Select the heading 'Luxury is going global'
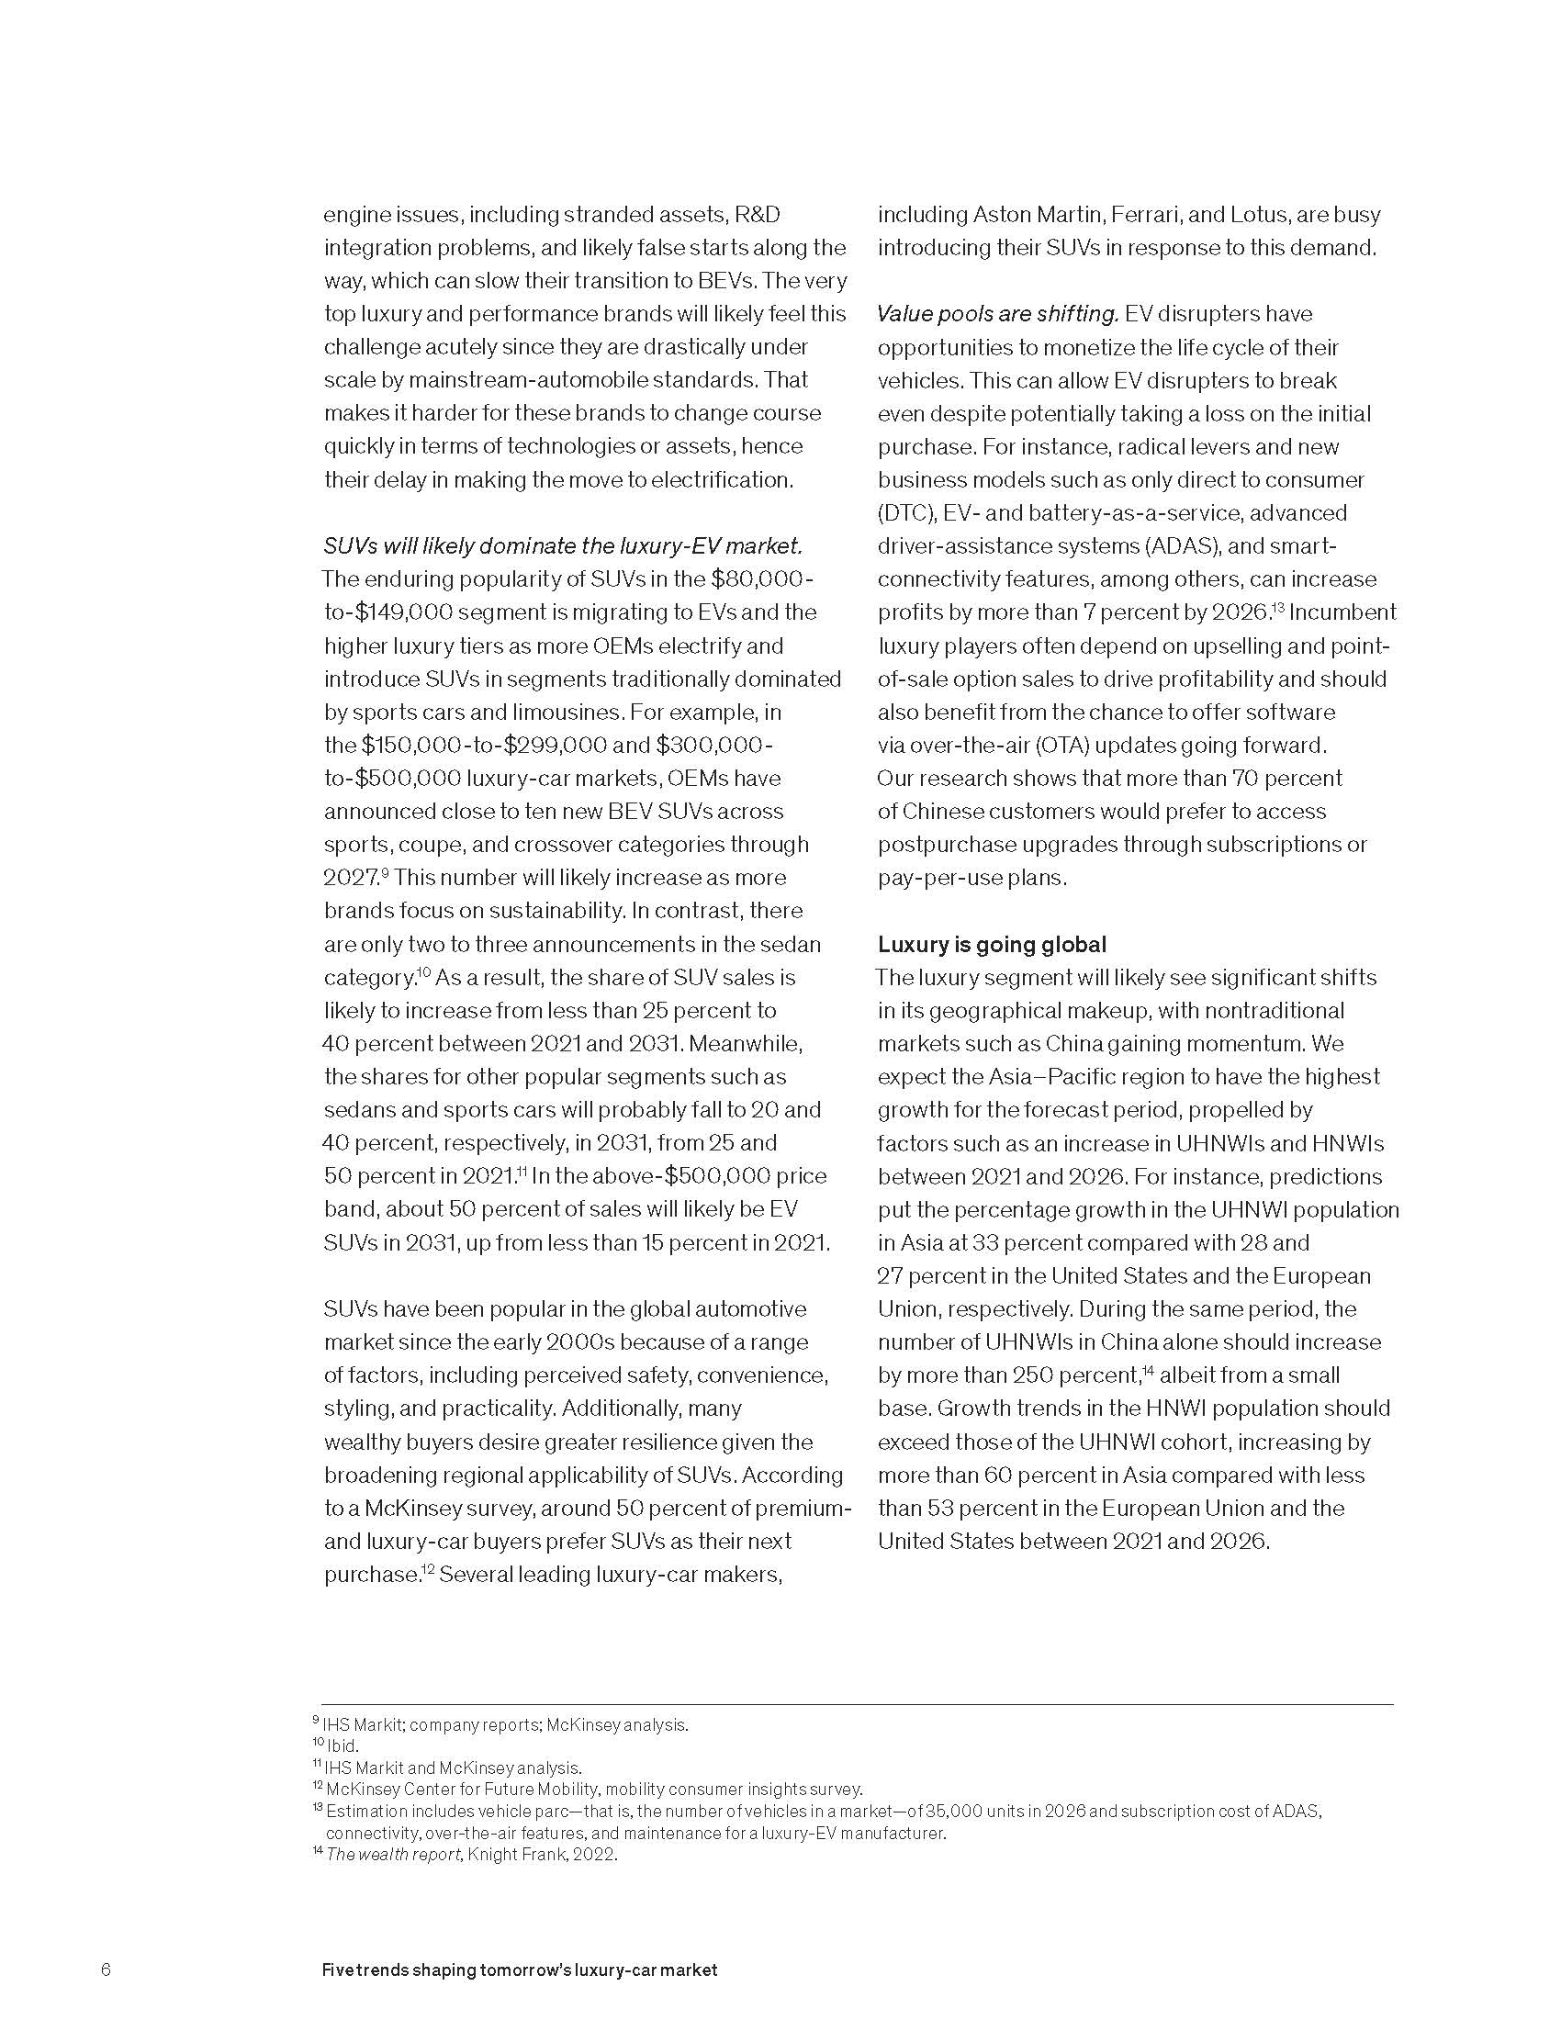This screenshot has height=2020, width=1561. pyautogui.click(x=992, y=944)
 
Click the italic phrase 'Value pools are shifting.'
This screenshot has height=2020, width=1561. pyautogui.click(x=998, y=314)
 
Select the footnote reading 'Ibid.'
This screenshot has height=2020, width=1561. pyautogui.click(x=342, y=1746)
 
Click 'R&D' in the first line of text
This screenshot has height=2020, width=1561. pyautogui.click(x=757, y=216)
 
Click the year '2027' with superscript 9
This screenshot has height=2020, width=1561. pyautogui.click(x=351, y=878)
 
